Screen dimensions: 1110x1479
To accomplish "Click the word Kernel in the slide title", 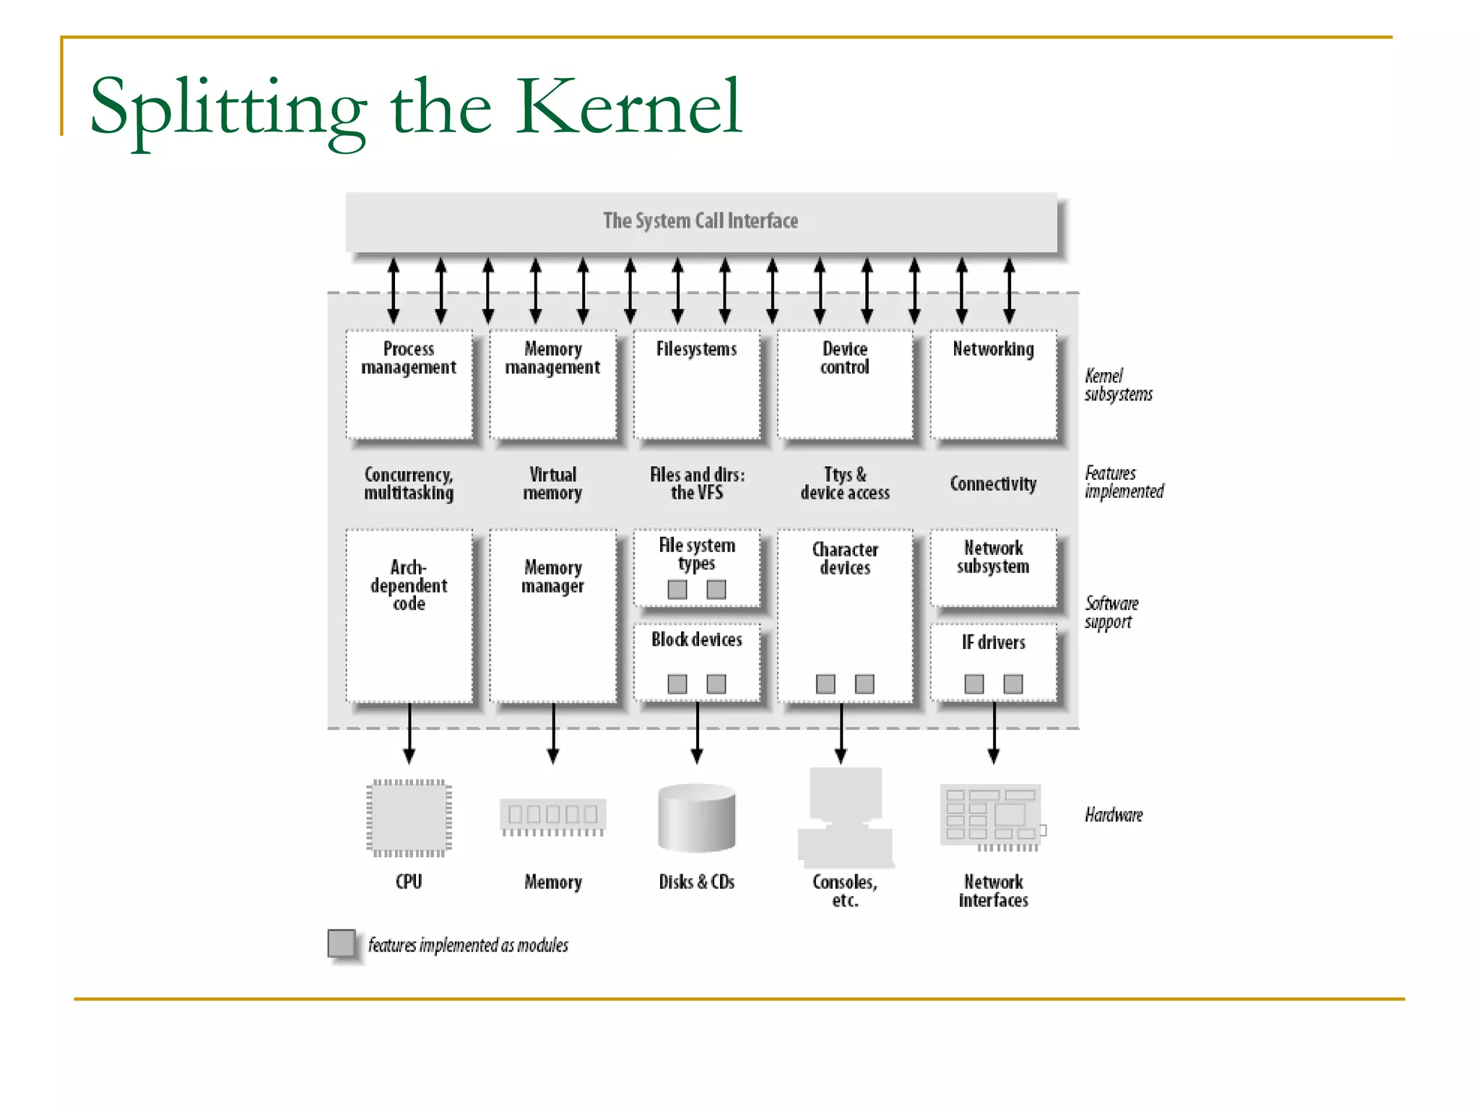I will [x=628, y=108].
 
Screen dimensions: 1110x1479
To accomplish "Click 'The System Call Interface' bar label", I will [x=701, y=220].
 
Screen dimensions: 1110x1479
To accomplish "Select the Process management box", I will [x=409, y=384].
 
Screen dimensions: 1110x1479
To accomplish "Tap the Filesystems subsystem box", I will [x=697, y=384].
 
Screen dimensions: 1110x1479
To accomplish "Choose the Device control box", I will [x=844, y=384].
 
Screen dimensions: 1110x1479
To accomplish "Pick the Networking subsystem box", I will [x=993, y=384].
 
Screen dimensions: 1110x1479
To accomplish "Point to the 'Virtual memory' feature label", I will [x=552, y=483].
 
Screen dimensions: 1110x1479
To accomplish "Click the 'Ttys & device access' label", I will [x=844, y=483].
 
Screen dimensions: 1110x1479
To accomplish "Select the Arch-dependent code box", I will [x=409, y=615].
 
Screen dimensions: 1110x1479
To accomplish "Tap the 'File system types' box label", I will [x=697, y=554].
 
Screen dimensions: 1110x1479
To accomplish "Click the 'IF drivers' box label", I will [x=993, y=642].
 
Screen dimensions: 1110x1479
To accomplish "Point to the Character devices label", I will [x=844, y=559].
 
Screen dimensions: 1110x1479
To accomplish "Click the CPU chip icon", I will [x=409, y=818].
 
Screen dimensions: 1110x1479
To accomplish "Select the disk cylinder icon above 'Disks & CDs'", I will [x=697, y=818].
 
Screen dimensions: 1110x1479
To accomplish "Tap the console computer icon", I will [x=845, y=817].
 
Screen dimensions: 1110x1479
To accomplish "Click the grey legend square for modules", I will [x=342, y=944].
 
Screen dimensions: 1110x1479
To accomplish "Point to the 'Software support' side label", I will [x=1111, y=612].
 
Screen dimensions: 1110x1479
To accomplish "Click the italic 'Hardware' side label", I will [x=1114, y=815].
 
